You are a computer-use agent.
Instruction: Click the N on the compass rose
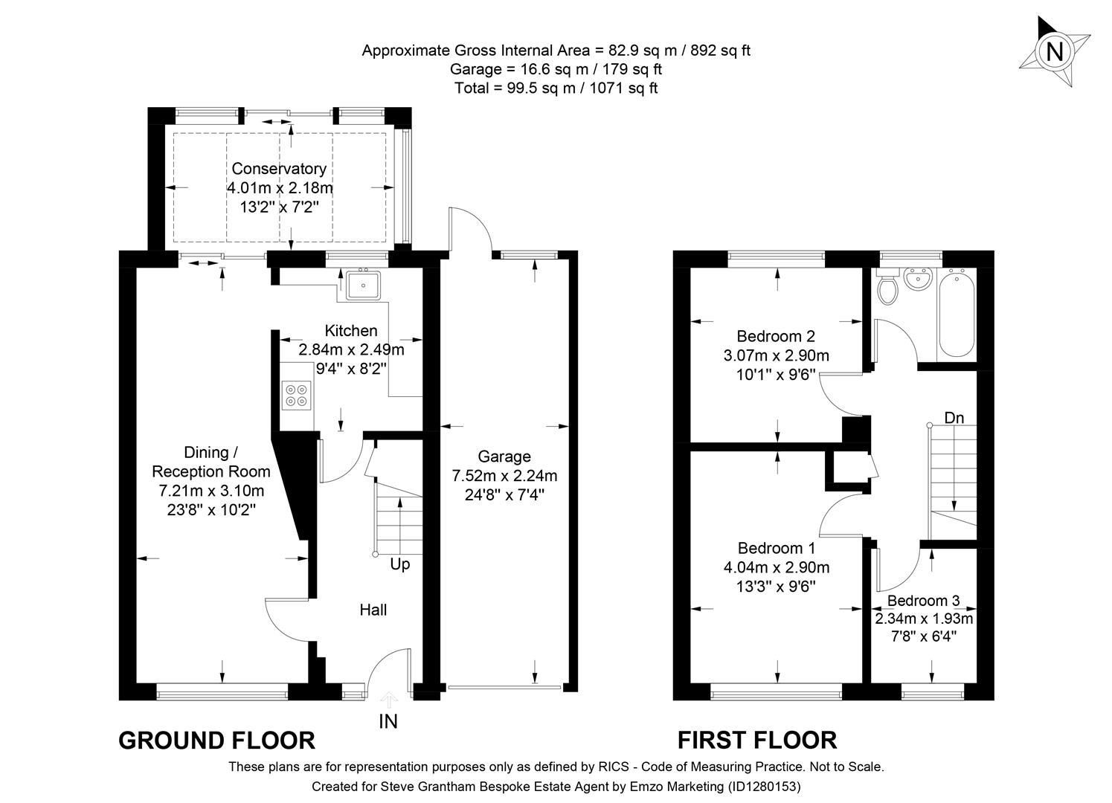(x=1054, y=52)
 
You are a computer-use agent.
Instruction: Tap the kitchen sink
(x=363, y=284)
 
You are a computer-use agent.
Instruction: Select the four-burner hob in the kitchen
(x=296, y=395)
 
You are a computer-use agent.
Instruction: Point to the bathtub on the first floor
(x=957, y=315)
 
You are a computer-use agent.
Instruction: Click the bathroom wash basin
(x=919, y=281)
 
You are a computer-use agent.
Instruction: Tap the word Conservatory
(x=279, y=169)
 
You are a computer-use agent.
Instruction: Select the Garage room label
(x=504, y=457)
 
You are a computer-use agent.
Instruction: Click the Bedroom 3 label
(x=923, y=601)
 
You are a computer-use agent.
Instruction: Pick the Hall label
(x=373, y=610)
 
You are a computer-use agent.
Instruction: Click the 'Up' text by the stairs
(x=400, y=565)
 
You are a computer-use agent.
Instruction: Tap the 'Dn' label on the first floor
(x=954, y=419)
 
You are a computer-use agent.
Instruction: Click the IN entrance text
(x=388, y=721)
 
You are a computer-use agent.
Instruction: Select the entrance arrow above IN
(x=388, y=699)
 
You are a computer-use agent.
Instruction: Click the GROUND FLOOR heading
(x=216, y=741)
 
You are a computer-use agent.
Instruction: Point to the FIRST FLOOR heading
(x=756, y=741)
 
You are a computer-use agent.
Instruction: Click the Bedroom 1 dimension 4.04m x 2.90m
(x=777, y=567)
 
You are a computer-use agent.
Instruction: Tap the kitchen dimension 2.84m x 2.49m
(x=351, y=349)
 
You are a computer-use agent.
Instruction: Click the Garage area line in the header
(x=556, y=69)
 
